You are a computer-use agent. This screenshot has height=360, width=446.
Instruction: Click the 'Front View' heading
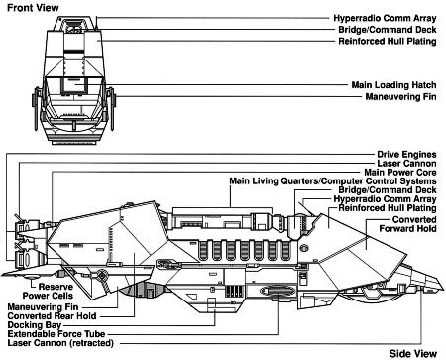pyautogui.click(x=33, y=8)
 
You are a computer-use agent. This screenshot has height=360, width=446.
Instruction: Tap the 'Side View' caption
pyautogui.click(x=412, y=354)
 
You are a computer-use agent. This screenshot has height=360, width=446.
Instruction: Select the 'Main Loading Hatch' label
pyautogui.click(x=393, y=85)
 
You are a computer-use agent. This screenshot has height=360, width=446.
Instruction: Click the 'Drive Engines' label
pyautogui.click(x=406, y=155)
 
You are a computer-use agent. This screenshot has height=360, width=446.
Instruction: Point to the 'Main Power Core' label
pyautogui.click(x=400, y=173)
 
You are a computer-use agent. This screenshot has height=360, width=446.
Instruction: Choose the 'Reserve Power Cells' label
pyautogui.click(x=49, y=291)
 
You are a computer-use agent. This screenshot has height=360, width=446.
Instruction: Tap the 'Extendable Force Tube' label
pyautogui.click(x=56, y=334)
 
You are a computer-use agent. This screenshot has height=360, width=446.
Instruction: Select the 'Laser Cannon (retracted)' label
pyautogui.click(x=60, y=343)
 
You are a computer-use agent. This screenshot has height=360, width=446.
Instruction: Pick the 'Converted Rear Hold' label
pyautogui.click(x=52, y=316)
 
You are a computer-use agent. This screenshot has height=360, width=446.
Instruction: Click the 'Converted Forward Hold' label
pyautogui.click(x=407, y=224)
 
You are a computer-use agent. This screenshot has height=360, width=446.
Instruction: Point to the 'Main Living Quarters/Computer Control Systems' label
pyautogui.click(x=333, y=181)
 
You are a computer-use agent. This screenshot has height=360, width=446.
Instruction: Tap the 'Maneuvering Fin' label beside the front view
pyautogui.click(x=400, y=97)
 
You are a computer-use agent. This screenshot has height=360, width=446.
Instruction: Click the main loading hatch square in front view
pyautogui.click(x=74, y=85)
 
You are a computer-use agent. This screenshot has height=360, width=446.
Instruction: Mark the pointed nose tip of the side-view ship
pyautogui.click(x=443, y=289)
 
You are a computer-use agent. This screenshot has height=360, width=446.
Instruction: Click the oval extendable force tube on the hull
pyautogui.click(x=278, y=291)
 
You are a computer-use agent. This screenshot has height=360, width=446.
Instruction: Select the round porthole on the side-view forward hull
pyautogui.click(x=303, y=248)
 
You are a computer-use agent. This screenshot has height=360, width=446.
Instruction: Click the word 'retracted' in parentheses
pyautogui.click(x=91, y=343)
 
